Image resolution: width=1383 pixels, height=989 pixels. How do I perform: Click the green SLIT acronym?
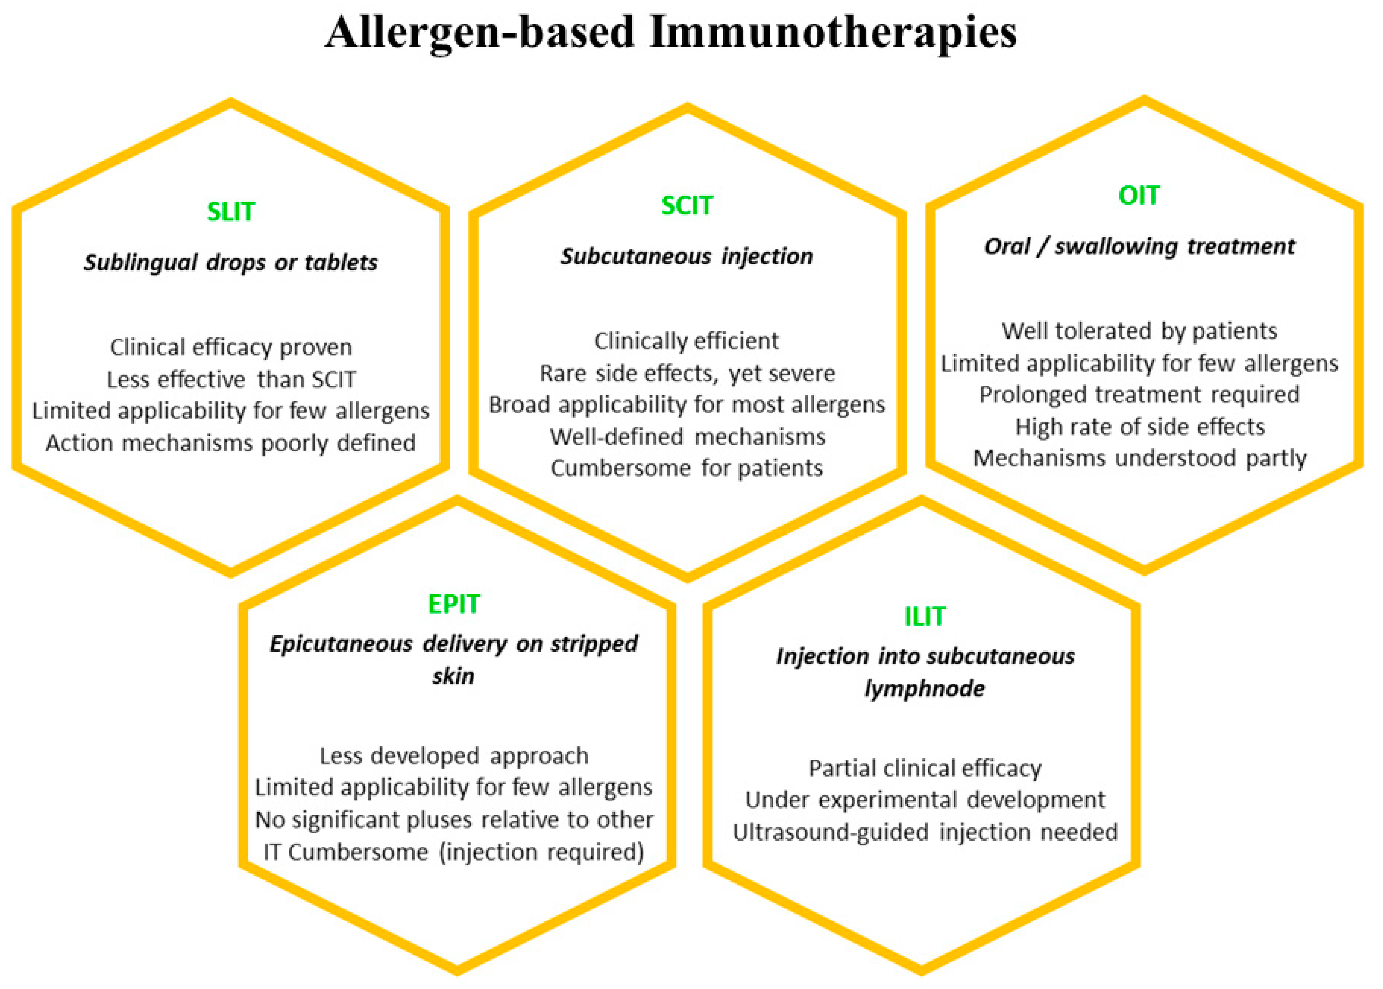click(231, 211)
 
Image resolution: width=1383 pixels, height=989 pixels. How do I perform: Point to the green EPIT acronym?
click(454, 604)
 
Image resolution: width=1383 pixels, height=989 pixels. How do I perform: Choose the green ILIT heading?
click(925, 616)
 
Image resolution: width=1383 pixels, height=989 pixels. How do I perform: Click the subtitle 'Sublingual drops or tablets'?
click(231, 262)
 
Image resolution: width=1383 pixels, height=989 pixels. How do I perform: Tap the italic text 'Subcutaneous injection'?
click(686, 256)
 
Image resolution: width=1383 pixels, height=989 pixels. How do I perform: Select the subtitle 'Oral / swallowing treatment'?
click(1139, 247)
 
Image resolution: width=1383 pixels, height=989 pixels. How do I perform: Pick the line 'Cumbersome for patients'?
click(686, 468)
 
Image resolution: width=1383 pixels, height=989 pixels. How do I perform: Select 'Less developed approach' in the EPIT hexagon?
click(454, 756)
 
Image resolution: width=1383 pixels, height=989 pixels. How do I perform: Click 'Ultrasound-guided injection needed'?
click(925, 832)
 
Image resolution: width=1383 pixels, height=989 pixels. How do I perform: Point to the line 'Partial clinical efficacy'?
click(925, 768)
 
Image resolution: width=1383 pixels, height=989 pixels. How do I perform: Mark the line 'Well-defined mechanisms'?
click(687, 437)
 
